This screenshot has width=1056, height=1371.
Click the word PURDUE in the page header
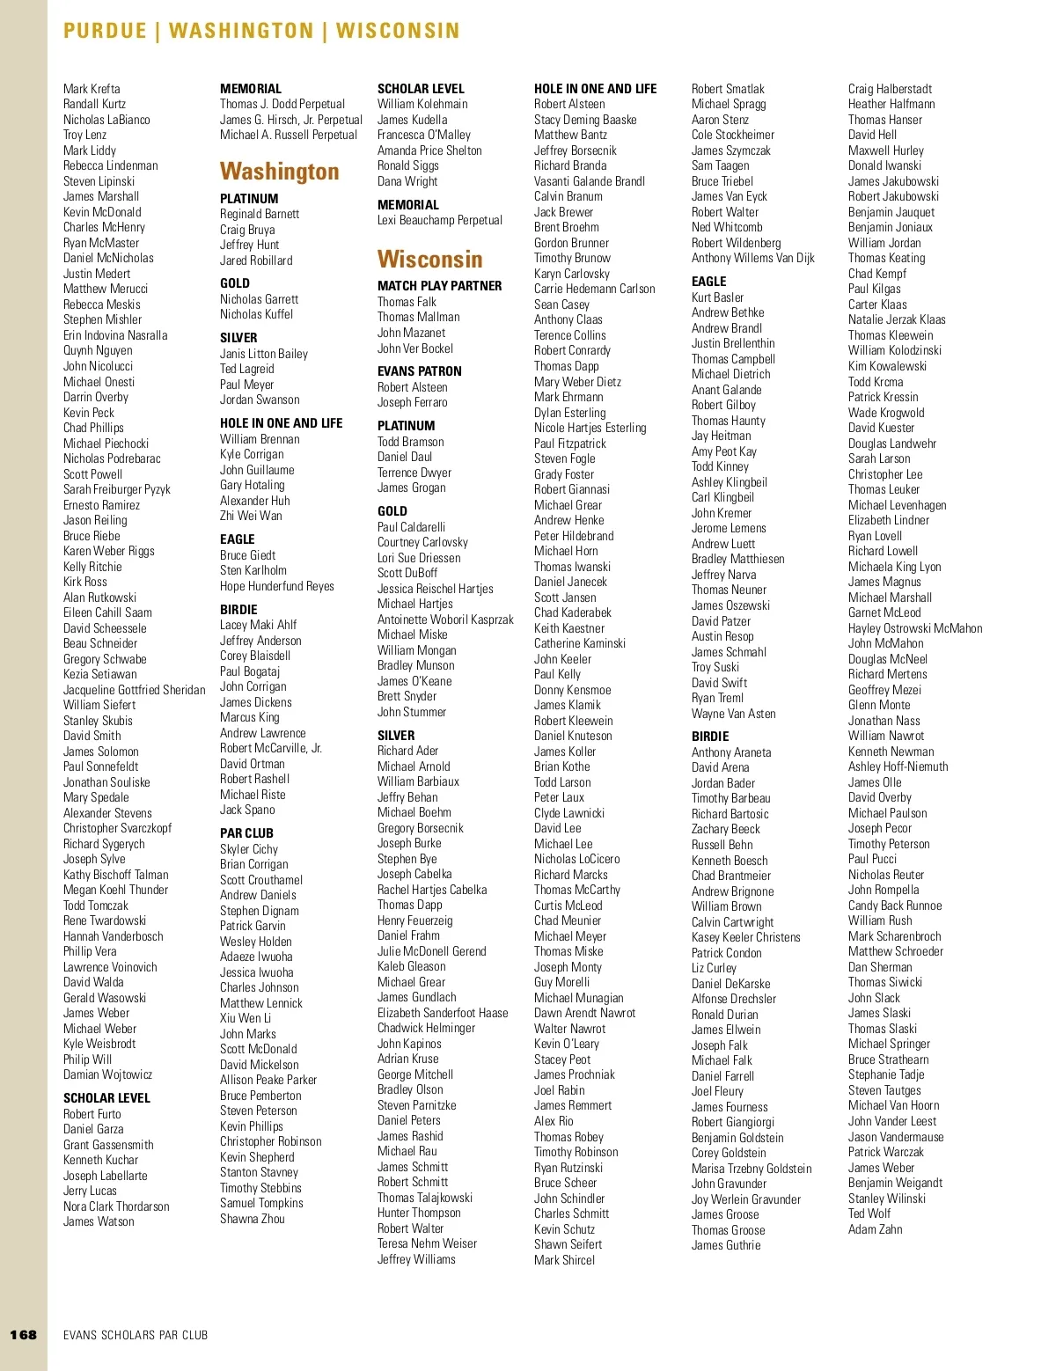coord(105,31)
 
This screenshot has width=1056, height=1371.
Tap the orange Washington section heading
coord(279,171)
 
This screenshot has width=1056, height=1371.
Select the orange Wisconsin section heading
coord(429,259)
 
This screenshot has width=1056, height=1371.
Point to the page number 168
coord(24,1334)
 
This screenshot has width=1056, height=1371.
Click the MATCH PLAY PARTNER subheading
coord(439,286)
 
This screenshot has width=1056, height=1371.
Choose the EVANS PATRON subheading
coord(419,371)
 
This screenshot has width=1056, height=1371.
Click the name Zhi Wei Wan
coord(251,516)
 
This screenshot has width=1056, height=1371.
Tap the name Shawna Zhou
coord(252,1219)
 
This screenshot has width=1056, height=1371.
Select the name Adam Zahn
coord(875,1229)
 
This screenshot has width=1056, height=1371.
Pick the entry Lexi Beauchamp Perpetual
coord(440,220)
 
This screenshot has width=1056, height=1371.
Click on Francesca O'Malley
coord(423,135)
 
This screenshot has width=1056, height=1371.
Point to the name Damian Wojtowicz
coord(107,1074)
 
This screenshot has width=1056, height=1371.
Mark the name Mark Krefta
coord(92,89)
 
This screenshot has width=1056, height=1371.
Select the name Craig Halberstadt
coord(890,89)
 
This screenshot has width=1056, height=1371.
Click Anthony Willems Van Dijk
coord(752,258)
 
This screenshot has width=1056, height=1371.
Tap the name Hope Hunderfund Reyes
coord(276,586)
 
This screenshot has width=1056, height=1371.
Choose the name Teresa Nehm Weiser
coord(427,1243)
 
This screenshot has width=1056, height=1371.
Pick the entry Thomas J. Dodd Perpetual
coord(282,104)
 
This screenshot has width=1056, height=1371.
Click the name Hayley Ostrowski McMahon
coord(915,628)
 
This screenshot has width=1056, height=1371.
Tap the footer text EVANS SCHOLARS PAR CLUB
coord(136,1335)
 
